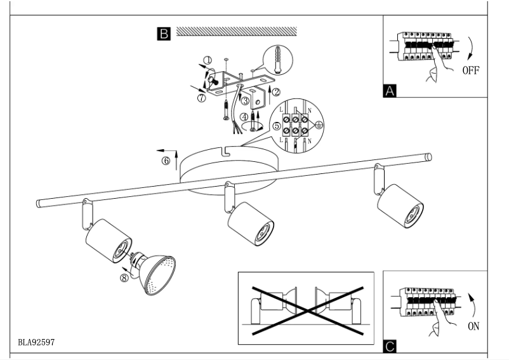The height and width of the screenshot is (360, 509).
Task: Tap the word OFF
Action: (470, 70)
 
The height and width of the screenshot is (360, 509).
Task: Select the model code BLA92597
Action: (36, 342)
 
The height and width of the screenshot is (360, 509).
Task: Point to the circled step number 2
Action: (275, 91)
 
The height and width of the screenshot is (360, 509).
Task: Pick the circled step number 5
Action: (276, 126)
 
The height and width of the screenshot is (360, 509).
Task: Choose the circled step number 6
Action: (166, 161)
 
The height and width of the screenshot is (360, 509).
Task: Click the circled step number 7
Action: (201, 98)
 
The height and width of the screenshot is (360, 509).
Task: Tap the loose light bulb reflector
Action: (155, 274)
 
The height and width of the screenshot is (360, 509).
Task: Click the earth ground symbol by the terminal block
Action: (319, 124)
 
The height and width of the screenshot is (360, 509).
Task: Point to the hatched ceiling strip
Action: (237, 30)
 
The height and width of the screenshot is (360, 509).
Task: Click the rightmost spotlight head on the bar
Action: (399, 204)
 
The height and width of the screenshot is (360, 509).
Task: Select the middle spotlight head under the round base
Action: (250, 224)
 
